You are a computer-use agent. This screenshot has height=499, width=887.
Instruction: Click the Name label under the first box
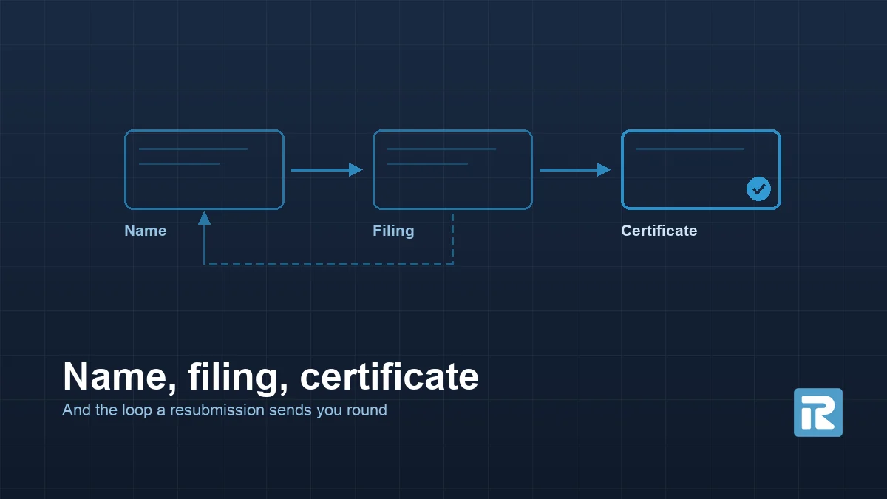point(146,231)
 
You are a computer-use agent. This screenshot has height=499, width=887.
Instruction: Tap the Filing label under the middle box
point(393,231)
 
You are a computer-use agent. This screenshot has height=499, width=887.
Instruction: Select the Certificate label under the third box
point(659,231)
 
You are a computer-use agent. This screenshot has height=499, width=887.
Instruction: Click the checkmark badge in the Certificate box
point(758,189)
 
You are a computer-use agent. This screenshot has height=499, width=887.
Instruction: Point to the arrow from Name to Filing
point(327,170)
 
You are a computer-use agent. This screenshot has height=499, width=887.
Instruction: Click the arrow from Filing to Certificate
point(575,170)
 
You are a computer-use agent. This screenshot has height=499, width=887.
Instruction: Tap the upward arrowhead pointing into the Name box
point(204,218)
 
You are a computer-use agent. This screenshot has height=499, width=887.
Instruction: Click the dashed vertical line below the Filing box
point(452,239)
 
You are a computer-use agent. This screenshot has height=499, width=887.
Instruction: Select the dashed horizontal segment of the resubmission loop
point(329,264)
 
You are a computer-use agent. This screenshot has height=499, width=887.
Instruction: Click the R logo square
point(818,413)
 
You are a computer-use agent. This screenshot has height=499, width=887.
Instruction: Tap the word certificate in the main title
point(390,376)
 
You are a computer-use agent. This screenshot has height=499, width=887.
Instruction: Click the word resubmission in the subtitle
point(217,410)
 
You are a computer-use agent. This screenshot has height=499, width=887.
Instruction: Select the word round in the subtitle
point(367,410)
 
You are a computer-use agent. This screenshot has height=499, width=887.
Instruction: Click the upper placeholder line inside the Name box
point(193,149)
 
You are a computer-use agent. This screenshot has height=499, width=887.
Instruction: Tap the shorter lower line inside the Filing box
point(427,163)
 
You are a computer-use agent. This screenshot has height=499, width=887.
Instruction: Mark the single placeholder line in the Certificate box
point(690,149)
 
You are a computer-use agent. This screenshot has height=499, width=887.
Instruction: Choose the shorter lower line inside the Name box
point(179,163)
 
